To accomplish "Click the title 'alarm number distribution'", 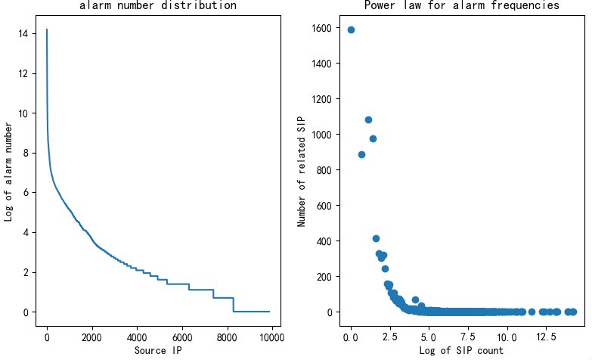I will point(157,6).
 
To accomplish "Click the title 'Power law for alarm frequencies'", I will point(461,6).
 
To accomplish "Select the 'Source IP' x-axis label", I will point(157,350).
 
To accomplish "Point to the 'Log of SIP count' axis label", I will point(461,350).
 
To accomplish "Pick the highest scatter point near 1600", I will point(351,30).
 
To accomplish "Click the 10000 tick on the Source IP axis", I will point(270,337).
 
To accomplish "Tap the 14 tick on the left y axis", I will point(24,34).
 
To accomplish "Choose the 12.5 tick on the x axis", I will point(547,337).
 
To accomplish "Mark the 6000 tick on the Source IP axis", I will point(181,337).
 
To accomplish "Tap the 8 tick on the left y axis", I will point(27,154).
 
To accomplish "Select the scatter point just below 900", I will point(361,154).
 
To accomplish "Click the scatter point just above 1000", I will point(368,119).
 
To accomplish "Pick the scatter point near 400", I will point(376,238).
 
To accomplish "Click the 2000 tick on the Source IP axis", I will point(91,337).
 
